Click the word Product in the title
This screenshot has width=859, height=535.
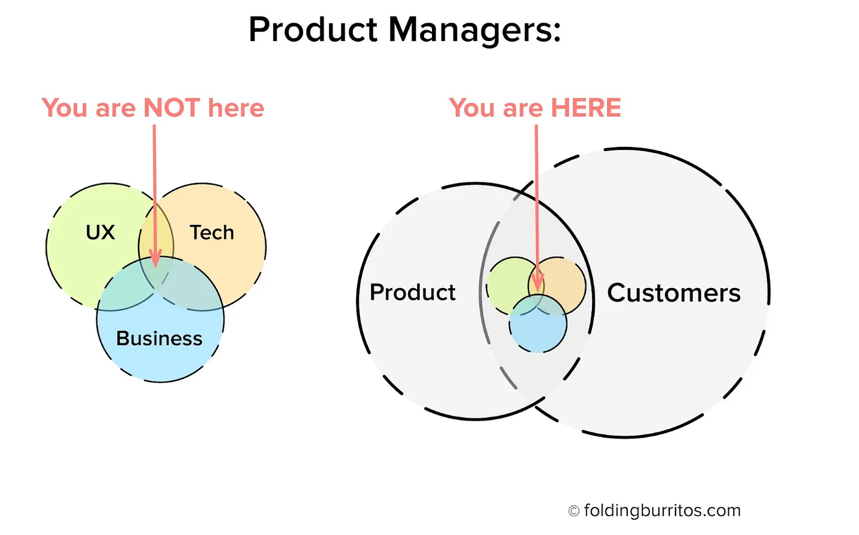[x=314, y=29]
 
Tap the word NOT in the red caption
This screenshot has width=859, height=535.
[x=172, y=108]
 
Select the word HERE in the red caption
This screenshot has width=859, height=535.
[x=586, y=108]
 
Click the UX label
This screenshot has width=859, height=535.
[x=100, y=233]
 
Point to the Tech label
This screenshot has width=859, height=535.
[x=212, y=233]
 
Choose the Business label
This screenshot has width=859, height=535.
[x=159, y=338]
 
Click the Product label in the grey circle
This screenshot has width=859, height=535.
[x=412, y=292]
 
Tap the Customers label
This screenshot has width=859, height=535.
[x=674, y=293]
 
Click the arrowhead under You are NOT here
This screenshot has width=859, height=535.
[x=155, y=259]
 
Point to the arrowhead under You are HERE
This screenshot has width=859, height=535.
[x=537, y=283]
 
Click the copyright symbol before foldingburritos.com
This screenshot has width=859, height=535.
[x=574, y=511]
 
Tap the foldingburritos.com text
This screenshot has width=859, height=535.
[x=662, y=511]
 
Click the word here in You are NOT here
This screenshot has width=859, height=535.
[x=236, y=108]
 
